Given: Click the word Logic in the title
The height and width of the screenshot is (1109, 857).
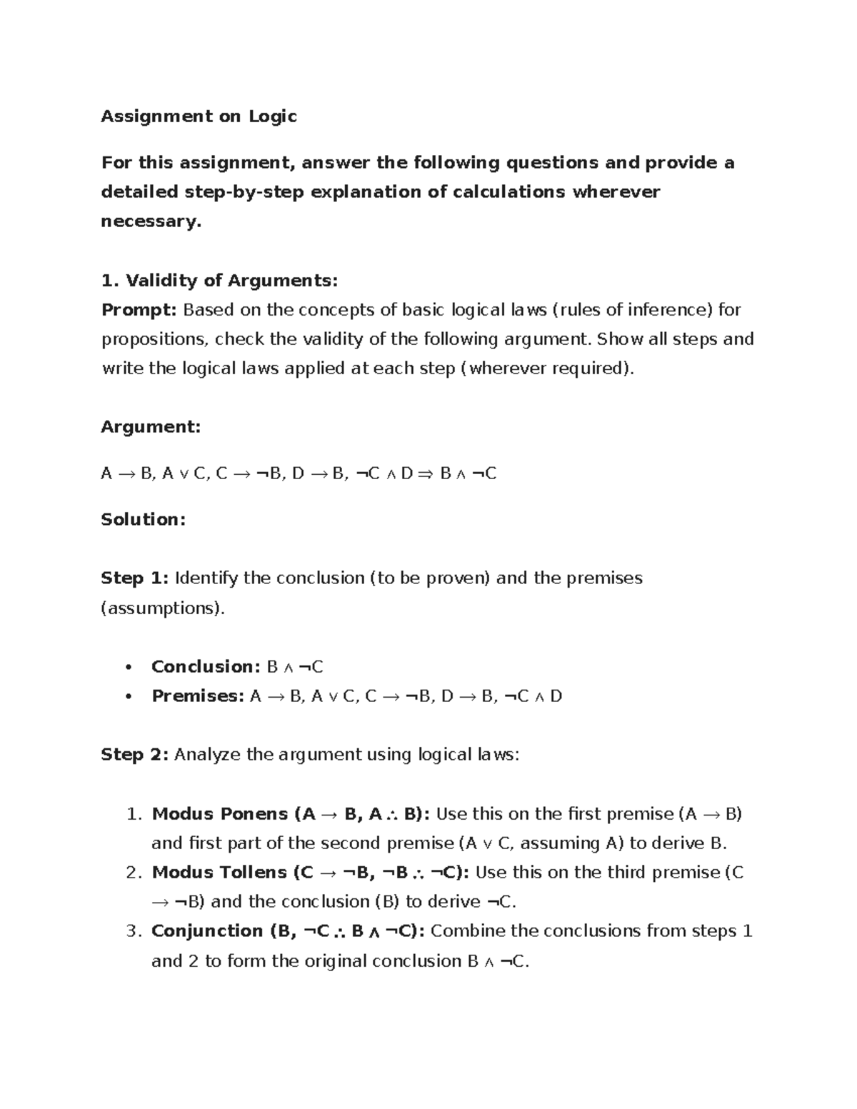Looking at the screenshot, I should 272,116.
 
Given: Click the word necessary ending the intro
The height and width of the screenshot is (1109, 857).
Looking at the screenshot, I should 150,222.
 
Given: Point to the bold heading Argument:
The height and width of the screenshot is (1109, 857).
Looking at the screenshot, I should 151,427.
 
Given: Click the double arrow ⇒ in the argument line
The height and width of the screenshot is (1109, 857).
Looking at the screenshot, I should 425,473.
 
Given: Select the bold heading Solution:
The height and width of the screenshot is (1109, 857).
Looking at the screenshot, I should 144,519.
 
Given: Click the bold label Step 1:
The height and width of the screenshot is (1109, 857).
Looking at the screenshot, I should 134,578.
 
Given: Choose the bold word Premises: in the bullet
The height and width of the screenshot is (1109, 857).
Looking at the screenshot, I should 198,696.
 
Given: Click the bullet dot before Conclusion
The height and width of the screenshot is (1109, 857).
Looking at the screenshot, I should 129,668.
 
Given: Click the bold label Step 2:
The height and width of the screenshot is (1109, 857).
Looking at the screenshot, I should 134,755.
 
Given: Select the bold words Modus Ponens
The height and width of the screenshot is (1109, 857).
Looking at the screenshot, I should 220,814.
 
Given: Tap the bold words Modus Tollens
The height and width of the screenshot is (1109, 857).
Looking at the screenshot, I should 219,873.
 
